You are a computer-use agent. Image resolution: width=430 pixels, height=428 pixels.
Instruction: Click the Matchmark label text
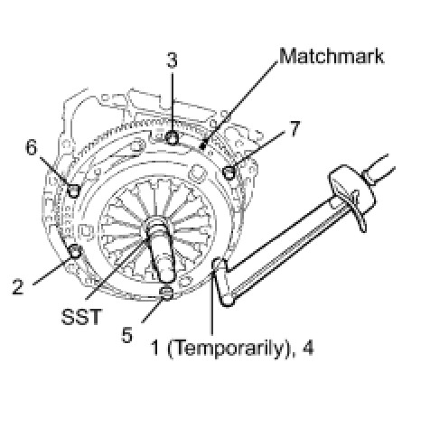pyautogui.click(x=332, y=56)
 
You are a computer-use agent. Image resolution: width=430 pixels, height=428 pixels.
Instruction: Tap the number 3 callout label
pyautogui.click(x=172, y=60)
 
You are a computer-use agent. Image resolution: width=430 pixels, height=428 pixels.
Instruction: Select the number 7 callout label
pyautogui.click(x=294, y=129)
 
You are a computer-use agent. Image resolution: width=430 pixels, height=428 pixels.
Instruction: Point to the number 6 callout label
pyautogui.click(x=32, y=147)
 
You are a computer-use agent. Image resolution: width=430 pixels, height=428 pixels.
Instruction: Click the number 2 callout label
pyautogui.click(x=18, y=286)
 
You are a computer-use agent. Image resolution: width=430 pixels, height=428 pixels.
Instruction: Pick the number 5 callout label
pyautogui.click(x=126, y=335)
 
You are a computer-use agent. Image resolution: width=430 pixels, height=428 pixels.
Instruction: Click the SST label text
pyautogui.click(x=80, y=317)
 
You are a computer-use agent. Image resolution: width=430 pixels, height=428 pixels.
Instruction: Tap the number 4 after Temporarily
pyautogui.click(x=307, y=348)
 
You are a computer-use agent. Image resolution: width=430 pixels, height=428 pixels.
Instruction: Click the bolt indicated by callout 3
pyautogui.click(x=173, y=138)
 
